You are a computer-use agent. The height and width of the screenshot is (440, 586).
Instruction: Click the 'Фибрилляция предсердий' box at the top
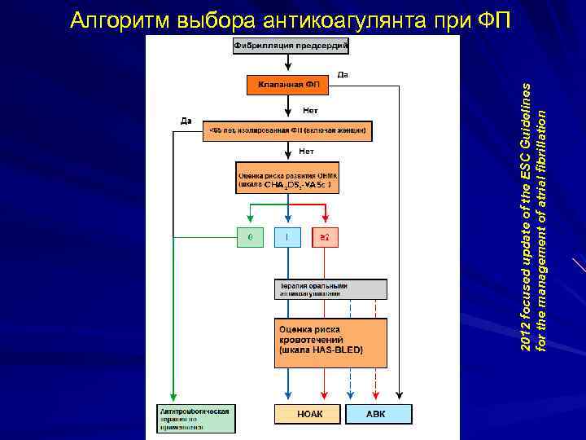[291, 46]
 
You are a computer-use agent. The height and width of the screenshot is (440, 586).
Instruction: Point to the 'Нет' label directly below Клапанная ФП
[310, 110]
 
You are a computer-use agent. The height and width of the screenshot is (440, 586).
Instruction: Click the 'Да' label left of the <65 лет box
[186, 121]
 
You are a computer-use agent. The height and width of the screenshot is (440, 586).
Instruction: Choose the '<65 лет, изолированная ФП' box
[287, 130]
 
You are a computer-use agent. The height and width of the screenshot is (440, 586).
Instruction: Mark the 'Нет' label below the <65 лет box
[306, 151]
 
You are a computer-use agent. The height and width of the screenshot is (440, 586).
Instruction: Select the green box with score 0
[250, 237]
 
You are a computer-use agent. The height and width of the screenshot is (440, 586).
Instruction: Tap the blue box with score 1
[287, 237]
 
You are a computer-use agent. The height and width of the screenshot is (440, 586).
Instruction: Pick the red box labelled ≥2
[325, 237]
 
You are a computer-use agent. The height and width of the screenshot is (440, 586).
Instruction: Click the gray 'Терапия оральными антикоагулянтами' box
[330, 289]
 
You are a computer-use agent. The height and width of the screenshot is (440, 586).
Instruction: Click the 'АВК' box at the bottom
[375, 414]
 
